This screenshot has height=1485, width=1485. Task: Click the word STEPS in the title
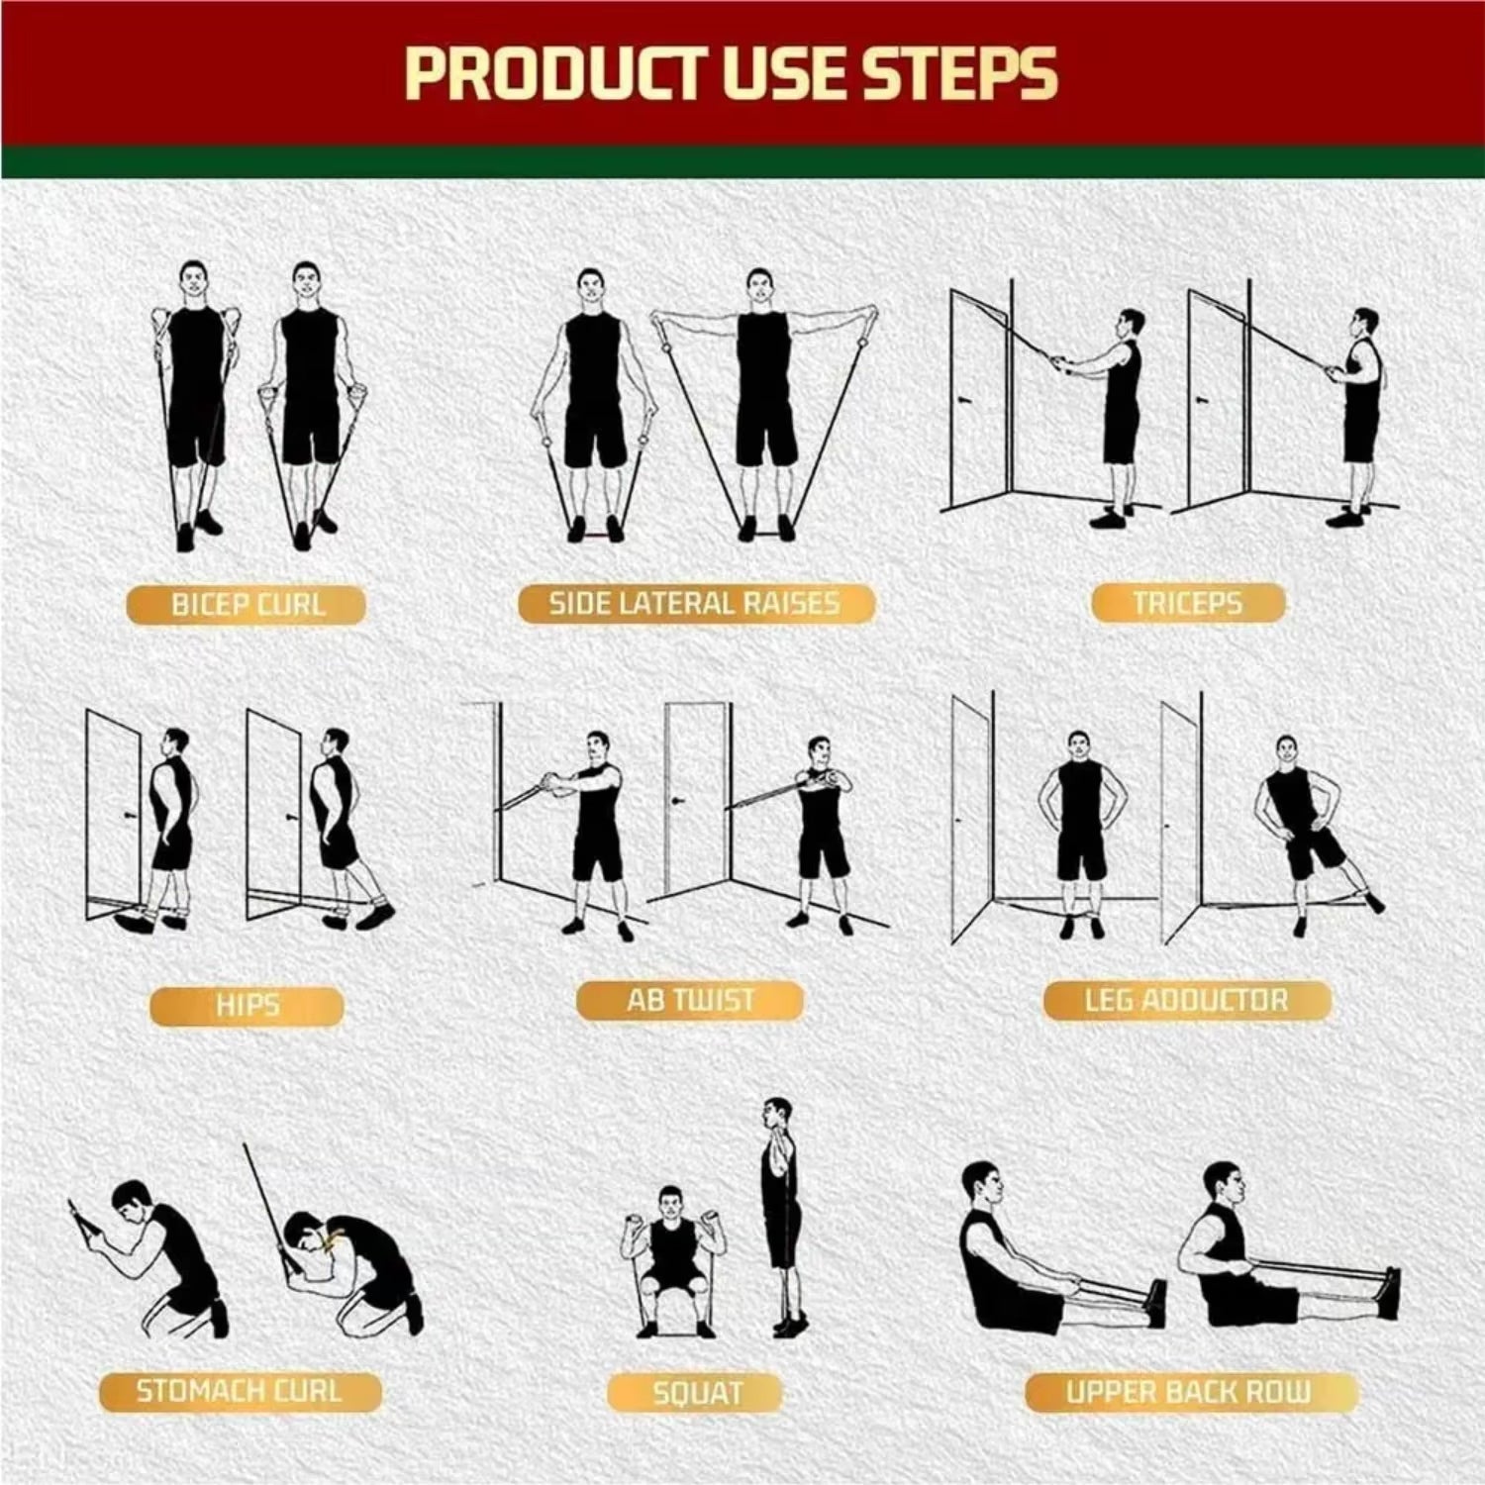point(959,74)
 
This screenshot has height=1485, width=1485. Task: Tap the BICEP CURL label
point(247,604)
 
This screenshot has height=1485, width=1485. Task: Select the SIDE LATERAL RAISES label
point(695,603)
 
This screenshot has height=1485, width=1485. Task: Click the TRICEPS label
point(1187,602)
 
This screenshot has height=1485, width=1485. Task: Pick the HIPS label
point(247,1006)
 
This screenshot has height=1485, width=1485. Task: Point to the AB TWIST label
point(690,1000)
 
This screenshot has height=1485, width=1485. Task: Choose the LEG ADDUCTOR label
point(1186,1000)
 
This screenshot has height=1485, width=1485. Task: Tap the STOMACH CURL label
point(239,1391)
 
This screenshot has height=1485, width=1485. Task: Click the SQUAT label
point(696,1393)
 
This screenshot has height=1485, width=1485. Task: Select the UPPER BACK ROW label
point(1188,1392)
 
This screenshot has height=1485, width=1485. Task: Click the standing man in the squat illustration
point(781,1208)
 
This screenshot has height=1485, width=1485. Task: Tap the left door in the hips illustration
point(114,812)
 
